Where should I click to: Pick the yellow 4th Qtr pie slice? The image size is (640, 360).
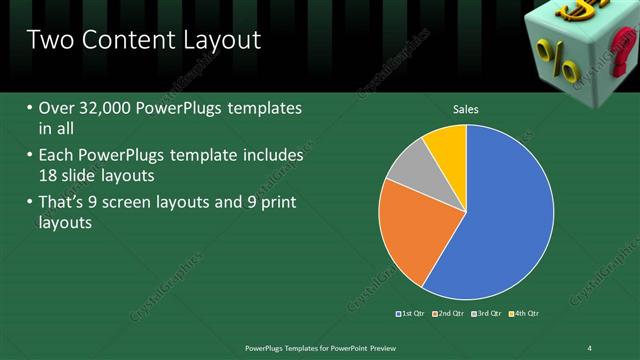click(447, 146)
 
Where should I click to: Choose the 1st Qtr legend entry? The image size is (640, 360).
click(411, 314)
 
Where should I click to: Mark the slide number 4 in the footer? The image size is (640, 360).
click(590, 347)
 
